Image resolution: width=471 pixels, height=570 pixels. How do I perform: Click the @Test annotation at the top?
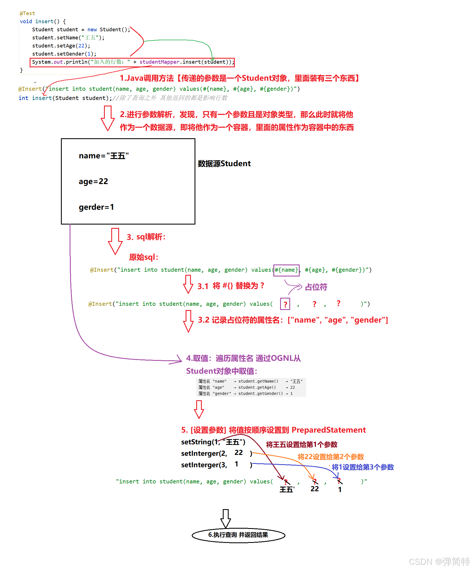[x=27, y=13]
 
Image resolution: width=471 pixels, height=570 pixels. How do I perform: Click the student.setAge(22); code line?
[x=61, y=46]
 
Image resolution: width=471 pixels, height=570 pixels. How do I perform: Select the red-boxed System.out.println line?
[x=132, y=62]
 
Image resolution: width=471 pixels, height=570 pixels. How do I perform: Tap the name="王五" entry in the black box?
[x=104, y=156]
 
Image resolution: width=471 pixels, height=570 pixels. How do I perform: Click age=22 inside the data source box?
[x=93, y=181]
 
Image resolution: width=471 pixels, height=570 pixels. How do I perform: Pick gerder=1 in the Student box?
[x=96, y=207]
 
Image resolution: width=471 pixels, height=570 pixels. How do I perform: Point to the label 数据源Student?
[x=224, y=163]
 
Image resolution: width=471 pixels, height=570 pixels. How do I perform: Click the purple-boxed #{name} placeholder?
[x=286, y=270]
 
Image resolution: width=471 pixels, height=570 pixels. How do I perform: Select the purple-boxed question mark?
[x=285, y=304]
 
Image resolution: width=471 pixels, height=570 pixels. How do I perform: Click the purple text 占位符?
[x=316, y=287]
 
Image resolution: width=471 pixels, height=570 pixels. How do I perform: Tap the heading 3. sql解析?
[x=146, y=237]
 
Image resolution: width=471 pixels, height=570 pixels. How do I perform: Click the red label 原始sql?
[x=144, y=257]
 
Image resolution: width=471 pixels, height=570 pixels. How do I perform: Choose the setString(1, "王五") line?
[x=213, y=442]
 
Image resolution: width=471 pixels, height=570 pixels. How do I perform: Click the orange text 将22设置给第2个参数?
[x=330, y=457]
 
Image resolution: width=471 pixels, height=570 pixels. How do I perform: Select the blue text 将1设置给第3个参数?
[x=363, y=467]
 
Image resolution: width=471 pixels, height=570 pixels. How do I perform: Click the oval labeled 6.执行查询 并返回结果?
[x=238, y=535]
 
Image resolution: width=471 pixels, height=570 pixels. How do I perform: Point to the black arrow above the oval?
[x=226, y=518]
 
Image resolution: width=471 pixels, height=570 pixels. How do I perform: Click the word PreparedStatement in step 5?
[x=328, y=430]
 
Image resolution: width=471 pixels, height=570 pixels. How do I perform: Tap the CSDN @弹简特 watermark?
[x=439, y=561]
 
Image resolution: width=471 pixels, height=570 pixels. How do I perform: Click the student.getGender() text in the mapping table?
[x=261, y=393]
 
